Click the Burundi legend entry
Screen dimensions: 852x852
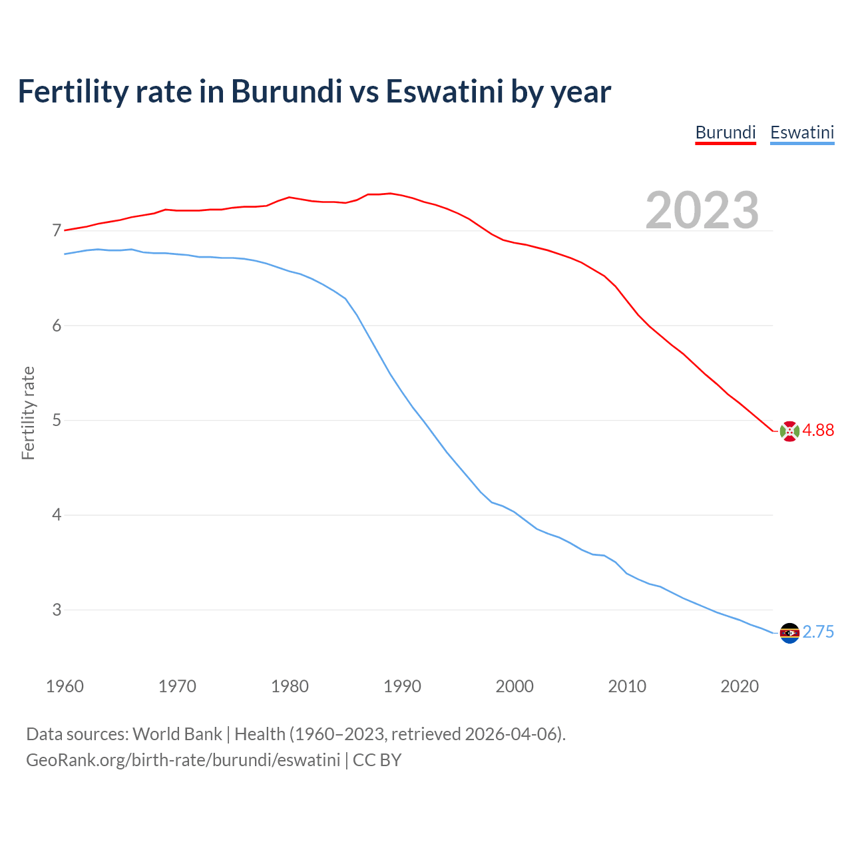pyautogui.click(x=726, y=132)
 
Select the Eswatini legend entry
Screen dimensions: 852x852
pyautogui.click(x=802, y=132)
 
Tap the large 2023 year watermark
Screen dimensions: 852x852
pyautogui.click(x=702, y=210)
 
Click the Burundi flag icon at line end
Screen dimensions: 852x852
pyautogui.click(x=789, y=431)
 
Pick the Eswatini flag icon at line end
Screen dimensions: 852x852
pyautogui.click(x=789, y=633)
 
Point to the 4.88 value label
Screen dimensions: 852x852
pyautogui.click(x=818, y=431)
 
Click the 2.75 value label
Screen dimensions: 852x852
pyautogui.click(x=818, y=632)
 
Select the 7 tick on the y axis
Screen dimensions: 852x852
pyautogui.click(x=57, y=231)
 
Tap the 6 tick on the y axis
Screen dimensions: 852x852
pyautogui.click(x=57, y=325)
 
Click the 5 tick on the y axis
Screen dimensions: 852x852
pyautogui.click(x=57, y=420)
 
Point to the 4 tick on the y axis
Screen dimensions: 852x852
pyautogui.click(x=57, y=515)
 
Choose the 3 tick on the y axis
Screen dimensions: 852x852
pyautogui.click(x=57, y=610)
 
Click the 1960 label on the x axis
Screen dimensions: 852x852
pyautogui.click(x=65, y=686)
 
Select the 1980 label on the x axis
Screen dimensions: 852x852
pyautogui.click(x=290, y=686)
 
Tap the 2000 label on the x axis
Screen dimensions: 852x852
pyautogui.click(x=515, y=686)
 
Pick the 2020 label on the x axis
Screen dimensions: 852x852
pyautogui.click(x=740, y=686)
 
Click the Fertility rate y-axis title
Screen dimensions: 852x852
pyautogui.click(x=28, y=413)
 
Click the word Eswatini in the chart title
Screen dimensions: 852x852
pyautogui.click(x=445, y=92)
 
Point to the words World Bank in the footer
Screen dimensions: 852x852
pyautogui.click(x=177, y=734)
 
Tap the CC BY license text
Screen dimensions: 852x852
pyautogui.click(x=377, y=760)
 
